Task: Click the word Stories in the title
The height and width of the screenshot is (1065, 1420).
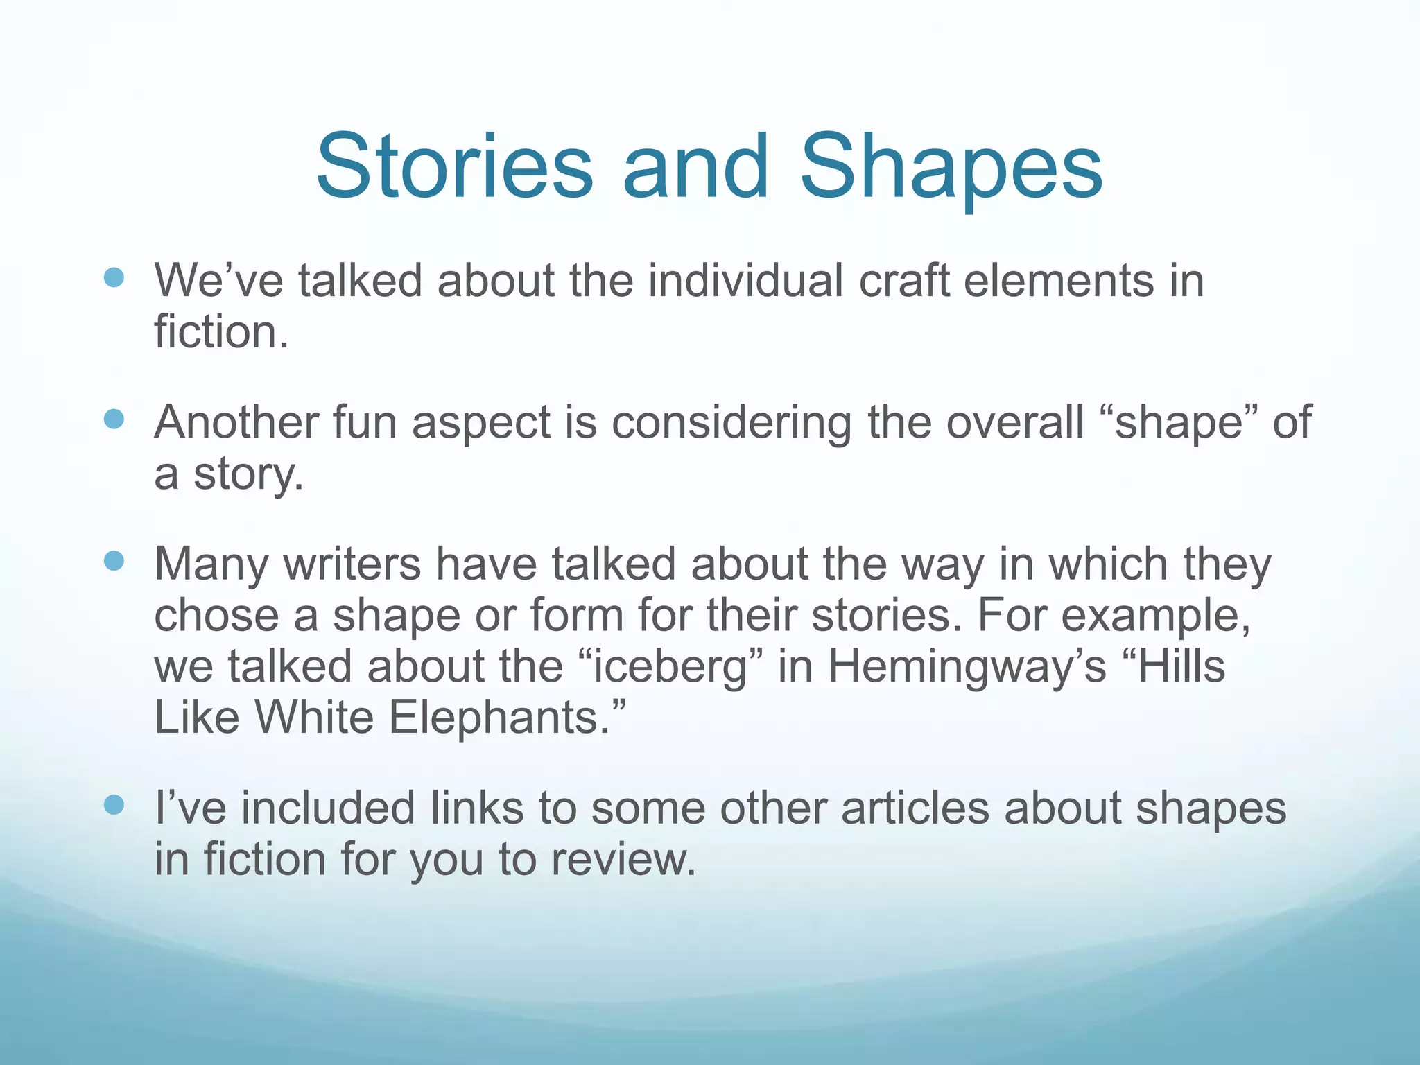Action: (454, 168)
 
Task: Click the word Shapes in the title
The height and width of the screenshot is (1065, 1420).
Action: (951, 168)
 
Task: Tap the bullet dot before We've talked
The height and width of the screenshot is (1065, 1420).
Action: (113, 278)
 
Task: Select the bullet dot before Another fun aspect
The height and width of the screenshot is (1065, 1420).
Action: (113, 419)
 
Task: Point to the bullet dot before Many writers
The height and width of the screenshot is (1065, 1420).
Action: (113, 560)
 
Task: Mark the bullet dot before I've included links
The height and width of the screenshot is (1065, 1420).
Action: (113, 805)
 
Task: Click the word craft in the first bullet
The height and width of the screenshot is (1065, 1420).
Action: (903, 281)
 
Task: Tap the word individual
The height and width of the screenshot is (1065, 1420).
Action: (745, 281)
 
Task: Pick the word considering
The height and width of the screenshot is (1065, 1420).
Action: (731, 423)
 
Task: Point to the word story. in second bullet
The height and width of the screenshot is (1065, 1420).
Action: (248, 474)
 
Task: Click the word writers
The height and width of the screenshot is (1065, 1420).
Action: (352, 564)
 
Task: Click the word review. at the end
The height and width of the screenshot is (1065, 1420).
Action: (623, 860)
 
